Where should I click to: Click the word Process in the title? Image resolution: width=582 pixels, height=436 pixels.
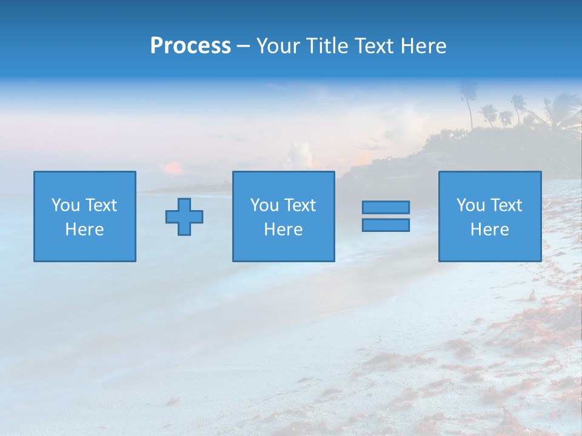(x=190, y=46)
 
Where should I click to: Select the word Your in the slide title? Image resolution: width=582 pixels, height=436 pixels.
(x=278, y=46)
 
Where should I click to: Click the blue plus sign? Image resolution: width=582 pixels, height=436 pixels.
(x=184, y=217)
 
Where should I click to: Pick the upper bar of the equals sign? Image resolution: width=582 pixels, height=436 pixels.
(x=386, y=207)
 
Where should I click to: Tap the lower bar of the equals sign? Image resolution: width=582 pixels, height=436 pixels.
(x=386, y=225)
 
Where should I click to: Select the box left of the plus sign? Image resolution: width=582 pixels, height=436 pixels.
(x=85, y=216)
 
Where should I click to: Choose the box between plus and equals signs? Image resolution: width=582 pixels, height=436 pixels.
(x=283, y=216)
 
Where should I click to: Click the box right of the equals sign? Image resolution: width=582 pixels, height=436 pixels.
(x=490, y=216)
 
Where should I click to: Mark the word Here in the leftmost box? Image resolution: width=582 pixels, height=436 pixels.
(x=84, y=230)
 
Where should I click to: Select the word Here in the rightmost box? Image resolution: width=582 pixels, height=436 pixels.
(x=489, y=230)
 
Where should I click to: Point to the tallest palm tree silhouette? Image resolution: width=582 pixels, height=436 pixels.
(x=467, y=100)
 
